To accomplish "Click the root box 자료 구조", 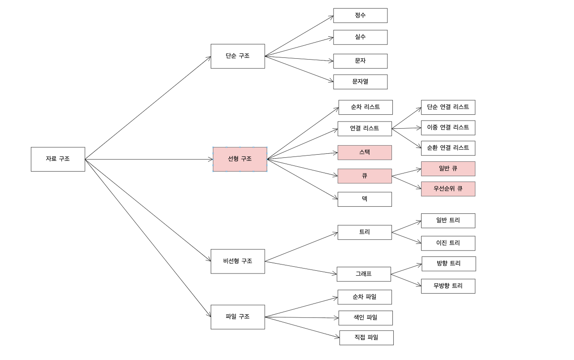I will coord(58,159).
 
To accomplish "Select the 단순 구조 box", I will coord(238,56).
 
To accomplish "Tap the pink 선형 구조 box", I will coord(239,159).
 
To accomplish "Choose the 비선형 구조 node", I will coord(238,261).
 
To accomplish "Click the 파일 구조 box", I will coord(238,317).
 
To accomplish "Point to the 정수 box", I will coord(360,15).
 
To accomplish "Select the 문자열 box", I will coord(360,82).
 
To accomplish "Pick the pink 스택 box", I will coord(365,152).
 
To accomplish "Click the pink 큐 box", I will coord(365,176).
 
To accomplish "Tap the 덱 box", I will coord(365,200).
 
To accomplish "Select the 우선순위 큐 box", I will coord(448,189).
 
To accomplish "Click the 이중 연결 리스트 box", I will coord(448,128).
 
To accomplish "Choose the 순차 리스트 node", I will coord(365,107).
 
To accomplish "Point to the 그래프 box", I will coord(364,274).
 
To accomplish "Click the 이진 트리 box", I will coord(448,243).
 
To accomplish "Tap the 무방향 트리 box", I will coord(448,286).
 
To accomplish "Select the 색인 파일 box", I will coord(365,318).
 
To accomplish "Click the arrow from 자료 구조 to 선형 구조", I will coord(148,159).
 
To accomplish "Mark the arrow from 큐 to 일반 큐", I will coord(406,173).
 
